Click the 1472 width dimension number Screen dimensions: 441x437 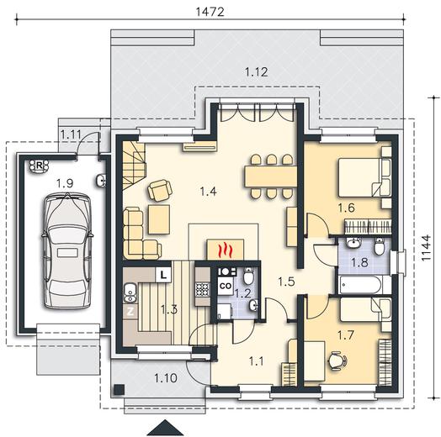[x=210, y=12]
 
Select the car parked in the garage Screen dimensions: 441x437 [x=66, y=250]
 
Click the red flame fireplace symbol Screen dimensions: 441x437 [x=225, y=249]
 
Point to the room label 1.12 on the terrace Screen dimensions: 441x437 [x=256, y=72]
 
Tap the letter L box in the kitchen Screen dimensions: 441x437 [x=163, y=275]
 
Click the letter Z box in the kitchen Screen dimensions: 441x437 [x=130, y=312]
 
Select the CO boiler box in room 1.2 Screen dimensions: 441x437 [x=226, y=286]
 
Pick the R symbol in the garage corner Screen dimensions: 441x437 [x=39, y=166]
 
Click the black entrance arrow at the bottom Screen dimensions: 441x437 [x=165, y=428]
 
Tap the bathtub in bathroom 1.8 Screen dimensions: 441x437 [x=360, y=285]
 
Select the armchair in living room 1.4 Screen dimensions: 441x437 [x=159, y=190]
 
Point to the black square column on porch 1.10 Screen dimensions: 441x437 [x=120, y=389]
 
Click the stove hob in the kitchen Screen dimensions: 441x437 [x=203, y=289]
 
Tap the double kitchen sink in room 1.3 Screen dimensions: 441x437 [x=130, y=293]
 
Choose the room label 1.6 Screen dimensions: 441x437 [x=346, y=208]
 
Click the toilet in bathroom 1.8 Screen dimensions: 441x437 [x=379, y=246]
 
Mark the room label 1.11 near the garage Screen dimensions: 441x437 [x=71, y=134]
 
